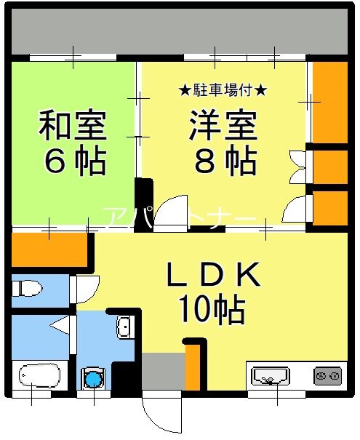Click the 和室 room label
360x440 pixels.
73,125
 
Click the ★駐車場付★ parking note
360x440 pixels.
223,91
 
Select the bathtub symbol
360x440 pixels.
41,376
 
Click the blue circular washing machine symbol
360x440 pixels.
93,378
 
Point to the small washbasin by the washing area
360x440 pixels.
124,327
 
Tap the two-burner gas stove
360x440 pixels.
327,376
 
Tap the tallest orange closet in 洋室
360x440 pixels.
329,102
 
